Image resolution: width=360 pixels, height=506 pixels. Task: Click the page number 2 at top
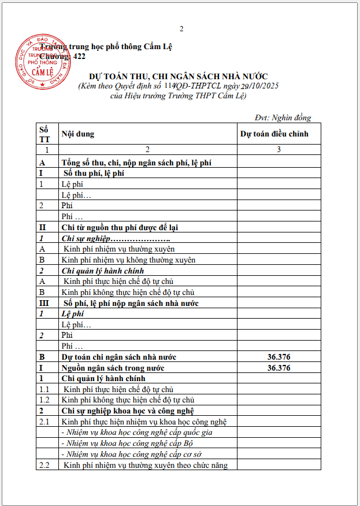click(x=181, y=28)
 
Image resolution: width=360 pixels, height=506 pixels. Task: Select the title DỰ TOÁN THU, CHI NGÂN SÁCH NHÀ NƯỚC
click(x=178, y=76)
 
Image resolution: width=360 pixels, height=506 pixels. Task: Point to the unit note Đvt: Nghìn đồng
click(x=283, y=117)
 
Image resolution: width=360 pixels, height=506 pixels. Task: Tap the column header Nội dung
click(x=78, y=134)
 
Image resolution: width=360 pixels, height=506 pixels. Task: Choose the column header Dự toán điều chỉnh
click(x=274, y=134)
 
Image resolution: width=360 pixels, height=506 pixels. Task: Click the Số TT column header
click(x=44, y=134)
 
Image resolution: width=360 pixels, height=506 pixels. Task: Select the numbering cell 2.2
click(x=44, y=465)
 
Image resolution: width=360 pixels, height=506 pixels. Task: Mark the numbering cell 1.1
click(x=44, y=389)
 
